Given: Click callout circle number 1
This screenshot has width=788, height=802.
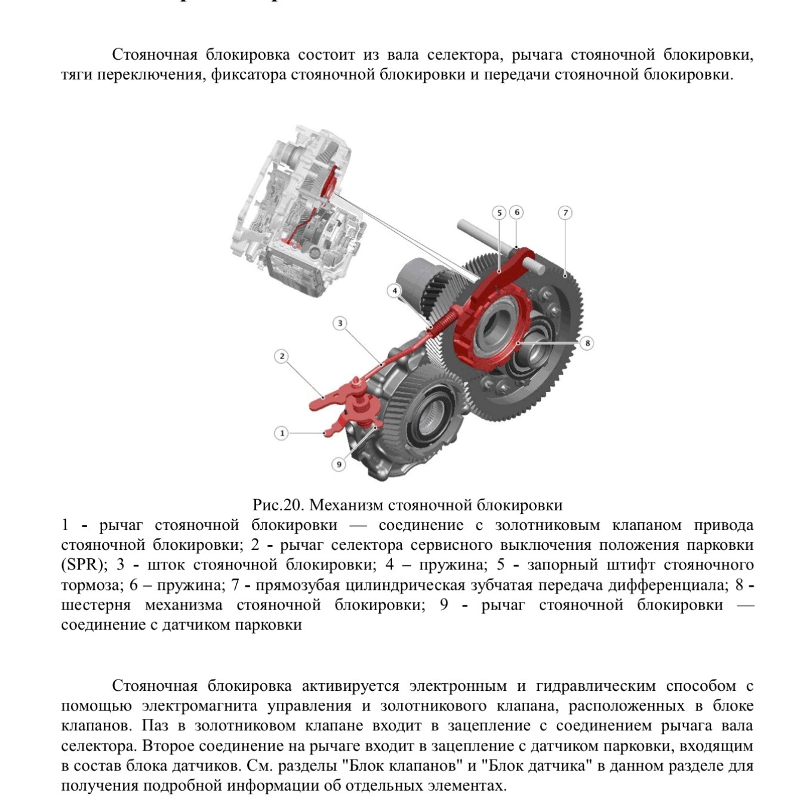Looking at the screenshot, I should (x=281, y=433).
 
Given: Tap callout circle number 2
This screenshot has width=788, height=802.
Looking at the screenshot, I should (x=281, y=357).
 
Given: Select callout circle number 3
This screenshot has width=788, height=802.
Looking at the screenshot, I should (x=340, y=324).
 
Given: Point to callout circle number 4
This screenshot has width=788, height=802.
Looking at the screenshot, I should (x=393, y=291).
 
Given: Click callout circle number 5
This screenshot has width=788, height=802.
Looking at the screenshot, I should (x=499, y=213).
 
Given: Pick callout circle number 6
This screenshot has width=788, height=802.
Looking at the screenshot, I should (x=517, y=212).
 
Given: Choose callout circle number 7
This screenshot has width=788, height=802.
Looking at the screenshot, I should (x=565, y=213).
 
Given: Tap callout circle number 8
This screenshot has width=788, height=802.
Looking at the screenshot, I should (x=587, y=343).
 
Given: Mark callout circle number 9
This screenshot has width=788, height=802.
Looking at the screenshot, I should (x=338, y=464).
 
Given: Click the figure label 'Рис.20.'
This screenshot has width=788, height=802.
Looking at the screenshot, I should (x=279, y=506).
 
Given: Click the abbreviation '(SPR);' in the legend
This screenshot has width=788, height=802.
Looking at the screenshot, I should (x=82, y=565).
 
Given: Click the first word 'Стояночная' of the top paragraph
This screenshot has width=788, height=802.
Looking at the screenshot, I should (x=155, y=55).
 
